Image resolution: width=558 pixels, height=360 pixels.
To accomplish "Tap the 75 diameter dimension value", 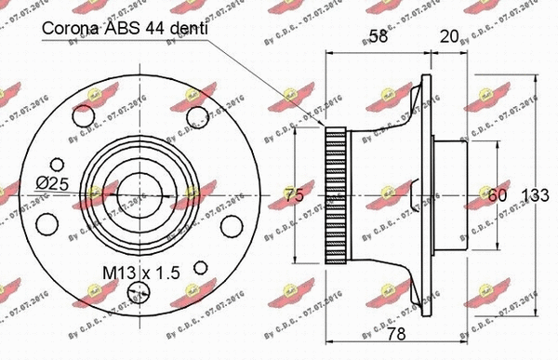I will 294,195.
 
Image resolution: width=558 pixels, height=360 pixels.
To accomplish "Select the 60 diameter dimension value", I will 498,195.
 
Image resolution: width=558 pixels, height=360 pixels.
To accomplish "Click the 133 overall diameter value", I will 537,195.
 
